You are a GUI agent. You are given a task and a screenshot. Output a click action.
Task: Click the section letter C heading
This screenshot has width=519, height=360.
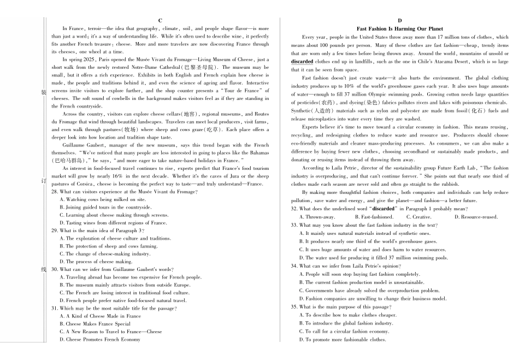click(x=160, y=20)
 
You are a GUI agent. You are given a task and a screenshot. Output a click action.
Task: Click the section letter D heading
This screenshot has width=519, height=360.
click(x=400, y=20)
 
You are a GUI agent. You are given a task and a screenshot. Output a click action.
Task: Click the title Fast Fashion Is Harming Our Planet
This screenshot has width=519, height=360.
click(x=400, y=28)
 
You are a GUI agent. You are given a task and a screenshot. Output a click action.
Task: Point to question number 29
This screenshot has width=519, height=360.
click(x=55, y=231)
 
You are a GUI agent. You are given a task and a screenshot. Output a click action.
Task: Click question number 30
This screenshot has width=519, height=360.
click(x=55, y=269)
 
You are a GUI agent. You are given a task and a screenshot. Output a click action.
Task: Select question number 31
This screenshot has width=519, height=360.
click(x=55, y=308)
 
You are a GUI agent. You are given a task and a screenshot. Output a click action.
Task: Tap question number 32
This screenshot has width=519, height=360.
click(x=294, y=209)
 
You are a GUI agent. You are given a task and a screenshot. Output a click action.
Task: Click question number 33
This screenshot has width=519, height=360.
click(x=294, y=225)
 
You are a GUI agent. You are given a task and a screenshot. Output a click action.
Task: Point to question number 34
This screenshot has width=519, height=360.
click(x=294, y=266)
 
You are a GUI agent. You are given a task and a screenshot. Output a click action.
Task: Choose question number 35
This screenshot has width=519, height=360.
click(x=294, y=307)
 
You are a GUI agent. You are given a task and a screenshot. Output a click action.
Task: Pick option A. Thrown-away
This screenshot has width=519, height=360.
click(x=317, y=217)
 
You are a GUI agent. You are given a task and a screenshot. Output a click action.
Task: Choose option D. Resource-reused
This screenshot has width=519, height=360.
click(x=476, y=217)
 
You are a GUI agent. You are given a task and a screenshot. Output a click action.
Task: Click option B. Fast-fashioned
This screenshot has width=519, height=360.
click(x=374, y=217)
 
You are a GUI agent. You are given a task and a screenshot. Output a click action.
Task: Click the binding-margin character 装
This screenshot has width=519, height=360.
click(x=44, y=92)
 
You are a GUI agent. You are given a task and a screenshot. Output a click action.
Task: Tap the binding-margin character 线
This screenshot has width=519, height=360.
click(x=44, y=269)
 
